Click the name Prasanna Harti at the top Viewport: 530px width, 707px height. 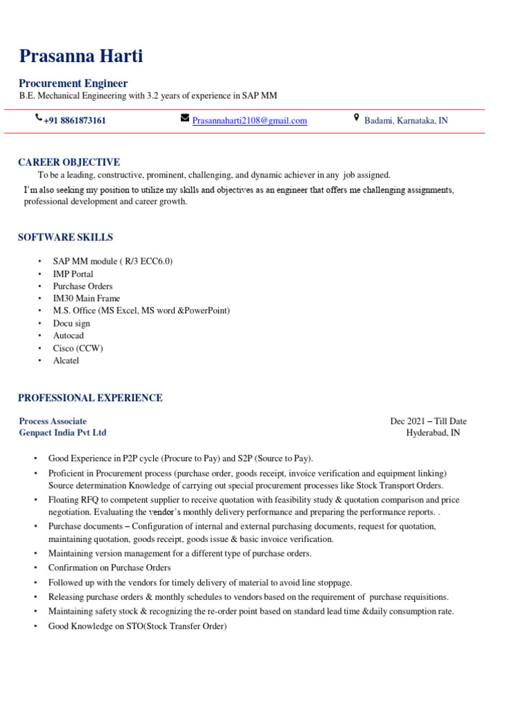(x=81, y=56)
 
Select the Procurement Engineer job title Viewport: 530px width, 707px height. (x=73, y=84)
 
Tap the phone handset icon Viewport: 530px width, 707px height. (x=38, y=119)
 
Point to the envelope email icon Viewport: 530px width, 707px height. (x=184, y=118)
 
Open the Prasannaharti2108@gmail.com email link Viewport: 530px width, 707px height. (x=249, y=121)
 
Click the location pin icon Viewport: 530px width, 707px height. (x=356, y=118)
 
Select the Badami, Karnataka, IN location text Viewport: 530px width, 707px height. (x=406, y=121)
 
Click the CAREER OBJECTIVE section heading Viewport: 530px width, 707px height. (x=69, y=162)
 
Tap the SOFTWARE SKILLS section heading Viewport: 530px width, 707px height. (x=66, y=238)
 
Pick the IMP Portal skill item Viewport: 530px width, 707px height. (x=73, y=274)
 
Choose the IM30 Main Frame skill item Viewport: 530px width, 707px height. (x=86, y=299)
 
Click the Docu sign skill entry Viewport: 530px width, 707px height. (x=72, y=324)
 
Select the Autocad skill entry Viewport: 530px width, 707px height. (x=69, y=336)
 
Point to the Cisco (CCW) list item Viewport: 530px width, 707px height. (x=78, y=349)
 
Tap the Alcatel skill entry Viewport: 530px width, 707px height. (x=66, y=361)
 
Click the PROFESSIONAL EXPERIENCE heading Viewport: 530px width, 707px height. (x=90, y=398)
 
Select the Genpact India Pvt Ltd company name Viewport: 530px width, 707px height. (x=63, y=433)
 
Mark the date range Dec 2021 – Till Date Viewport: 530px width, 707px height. (x=428, y=421)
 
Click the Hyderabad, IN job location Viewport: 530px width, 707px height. (x=433, y=433)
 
